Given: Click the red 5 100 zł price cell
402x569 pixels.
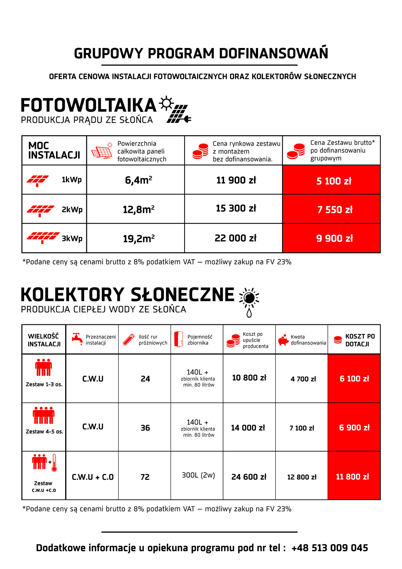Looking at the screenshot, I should pyautogui.click(x=334, y=181).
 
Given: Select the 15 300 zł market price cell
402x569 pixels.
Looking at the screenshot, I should pyautogui.click(x=236, y=208).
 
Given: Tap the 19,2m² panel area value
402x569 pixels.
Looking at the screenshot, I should pyautogui.click(x=138, y=239).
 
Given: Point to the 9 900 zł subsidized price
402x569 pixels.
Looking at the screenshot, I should pyautogui.click(x=334, y=238).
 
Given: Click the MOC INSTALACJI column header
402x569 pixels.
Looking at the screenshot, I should pyautogui.click(x=54, y=151).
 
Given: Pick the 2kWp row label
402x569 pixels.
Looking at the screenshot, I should pyautogui.click(x=72, y=210).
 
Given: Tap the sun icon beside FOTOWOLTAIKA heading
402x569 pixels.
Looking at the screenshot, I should pyautogui.click(x=166, y=103).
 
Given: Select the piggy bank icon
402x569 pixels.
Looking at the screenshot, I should pyautogui.click(x=283, y=340).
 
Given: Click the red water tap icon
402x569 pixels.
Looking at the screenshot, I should pyautogui.click(x=77, y=339).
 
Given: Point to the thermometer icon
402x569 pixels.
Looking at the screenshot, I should pyautogui.click(x=54, y=463).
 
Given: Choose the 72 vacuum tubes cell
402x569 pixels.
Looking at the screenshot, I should pyautogui.click(x=145, y=477).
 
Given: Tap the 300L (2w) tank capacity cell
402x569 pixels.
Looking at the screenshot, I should pyautogui.click(x=198, y=475).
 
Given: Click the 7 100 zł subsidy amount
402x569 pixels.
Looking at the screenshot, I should pyautogui.click(x=302, y=428).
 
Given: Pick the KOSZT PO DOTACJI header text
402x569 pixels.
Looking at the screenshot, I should pyautogui.click(x=360, y=340).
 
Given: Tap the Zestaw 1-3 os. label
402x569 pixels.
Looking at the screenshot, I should pyautogui.click(x=44, y=384).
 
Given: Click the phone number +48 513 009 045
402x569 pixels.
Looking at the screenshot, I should pyautogui.click(x=330, y=548).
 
